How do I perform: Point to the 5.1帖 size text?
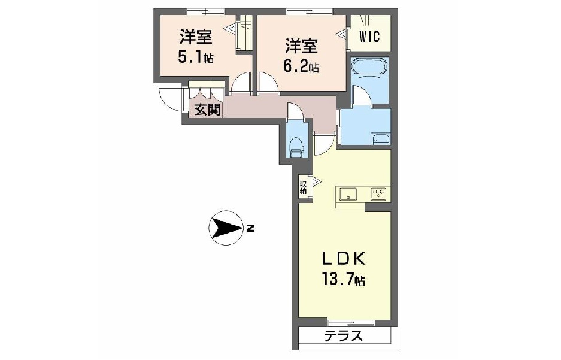pyautogui.click(x=195, y=58)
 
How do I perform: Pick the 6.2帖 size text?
pyautogui.click(x=301, y=66)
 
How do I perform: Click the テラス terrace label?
pyautogui.click(x=343, y=336)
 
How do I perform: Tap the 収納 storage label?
pyautogui.click(x=303, y=187)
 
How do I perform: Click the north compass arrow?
pyautogui.click(x=225, y=228)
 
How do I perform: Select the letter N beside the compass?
pyautogui.click(x=251, y=228)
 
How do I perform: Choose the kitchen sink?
pyautogui.click(x=348, y=194)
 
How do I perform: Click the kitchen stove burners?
pyautogui.click(x=378, y=193)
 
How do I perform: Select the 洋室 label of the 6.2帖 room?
pyautogui.click(x=301, y=45)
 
